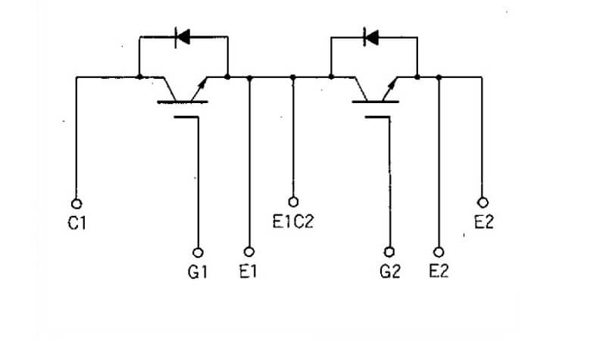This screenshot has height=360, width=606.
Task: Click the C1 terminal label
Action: pos(77,223)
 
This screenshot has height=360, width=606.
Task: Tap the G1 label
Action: pos(198,272)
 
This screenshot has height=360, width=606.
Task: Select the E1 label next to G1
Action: pos(248,271)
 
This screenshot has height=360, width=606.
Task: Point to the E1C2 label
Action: pos(293,221)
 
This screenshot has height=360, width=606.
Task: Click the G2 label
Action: pos(390,272)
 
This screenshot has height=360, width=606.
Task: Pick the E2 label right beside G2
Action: pos(439,271)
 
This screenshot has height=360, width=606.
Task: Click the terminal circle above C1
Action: pos(77,203)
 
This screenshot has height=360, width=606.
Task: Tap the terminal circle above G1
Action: pos(198,252)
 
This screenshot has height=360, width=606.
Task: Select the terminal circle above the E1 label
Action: pos(249,252)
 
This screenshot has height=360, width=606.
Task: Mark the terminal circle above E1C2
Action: pos(293,202)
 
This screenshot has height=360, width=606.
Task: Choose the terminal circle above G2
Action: pos(389,252)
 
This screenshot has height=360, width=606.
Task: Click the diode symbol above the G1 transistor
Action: pos(183,37)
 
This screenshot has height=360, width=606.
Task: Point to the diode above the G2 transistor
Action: pos(371,37)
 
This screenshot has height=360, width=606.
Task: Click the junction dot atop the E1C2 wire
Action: pos(293,77)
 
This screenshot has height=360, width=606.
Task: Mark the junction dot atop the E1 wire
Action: pos(250,78)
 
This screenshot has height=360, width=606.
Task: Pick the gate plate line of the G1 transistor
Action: pos(186,117)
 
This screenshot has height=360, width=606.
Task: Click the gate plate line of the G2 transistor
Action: pos(377,117)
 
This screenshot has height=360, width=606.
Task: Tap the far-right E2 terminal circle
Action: pos(483,202)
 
